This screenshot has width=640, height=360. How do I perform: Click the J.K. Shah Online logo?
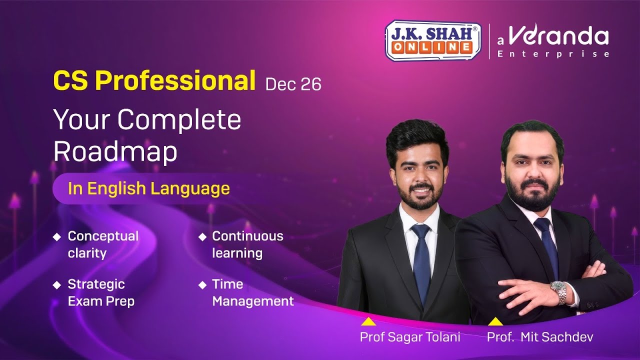click(x=433, y=40)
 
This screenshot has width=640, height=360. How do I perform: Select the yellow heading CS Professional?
click(x=154, y=81)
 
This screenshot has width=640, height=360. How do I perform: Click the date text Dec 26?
click(x=293, y=84)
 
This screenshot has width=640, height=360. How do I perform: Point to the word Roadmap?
click(x=115, y=151)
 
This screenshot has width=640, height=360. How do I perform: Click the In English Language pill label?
click(x=149, y=188)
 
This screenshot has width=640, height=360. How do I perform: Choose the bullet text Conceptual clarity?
click(x=103, y=244)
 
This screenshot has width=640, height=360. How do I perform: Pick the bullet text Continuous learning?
click(x=247, y=244)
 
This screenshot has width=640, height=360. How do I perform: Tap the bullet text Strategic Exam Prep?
click(x=101, y=292)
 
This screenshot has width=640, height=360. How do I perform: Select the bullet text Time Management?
click(x=252, y=292)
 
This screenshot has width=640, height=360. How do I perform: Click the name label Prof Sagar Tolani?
click(x=410, y=337)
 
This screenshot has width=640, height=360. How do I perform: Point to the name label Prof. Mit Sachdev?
click(x=540, y=337)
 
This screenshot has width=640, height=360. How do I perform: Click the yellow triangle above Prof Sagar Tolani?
click(x=368, y=321)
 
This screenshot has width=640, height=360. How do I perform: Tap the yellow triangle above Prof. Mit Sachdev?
click(x=495, y=321)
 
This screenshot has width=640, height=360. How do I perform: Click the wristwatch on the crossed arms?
click(x=559, y=292)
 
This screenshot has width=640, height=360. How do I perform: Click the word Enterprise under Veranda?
click(x=553, y=54)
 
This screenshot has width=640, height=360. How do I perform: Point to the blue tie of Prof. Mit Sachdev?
click(x=547, y=245)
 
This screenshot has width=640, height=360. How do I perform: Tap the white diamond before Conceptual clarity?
click(x=57, y=236)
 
